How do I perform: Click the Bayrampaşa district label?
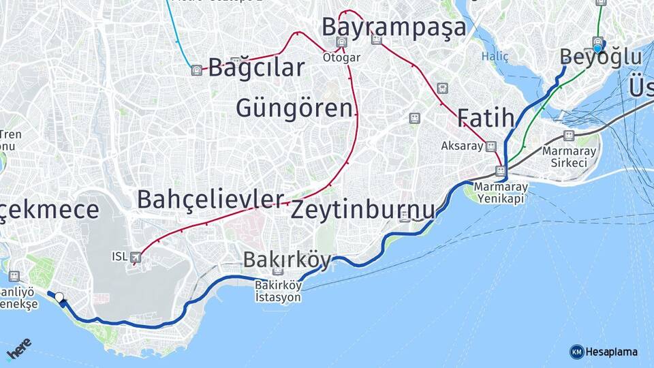click(x=394, y=27)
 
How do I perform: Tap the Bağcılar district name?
click(x=256, y=68)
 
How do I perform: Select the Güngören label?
click(x=296, y=108)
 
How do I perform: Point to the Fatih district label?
click(x=485, y=118)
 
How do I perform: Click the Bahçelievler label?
click(x=210, y=199)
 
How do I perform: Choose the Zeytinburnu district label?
click(x=362, y=210)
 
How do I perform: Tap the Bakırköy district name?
click(x=287, y=260)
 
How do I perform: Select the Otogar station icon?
click(x=341, y=42)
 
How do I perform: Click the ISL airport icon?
click(x=136, y=257)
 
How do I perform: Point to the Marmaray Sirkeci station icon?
click(x=569, y=136)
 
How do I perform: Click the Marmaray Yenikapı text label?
click(x=500, y=192)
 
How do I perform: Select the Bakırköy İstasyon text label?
click(x=277, y=292)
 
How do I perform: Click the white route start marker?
click(x=59, y=297)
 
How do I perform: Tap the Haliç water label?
click(x=495, y=57)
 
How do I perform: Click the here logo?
click(x=18, y=349)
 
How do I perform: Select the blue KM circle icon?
click(x=577, y=352)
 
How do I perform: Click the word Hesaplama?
click(x=612, y=352)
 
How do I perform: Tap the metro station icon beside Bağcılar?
click(x=197, y=70)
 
